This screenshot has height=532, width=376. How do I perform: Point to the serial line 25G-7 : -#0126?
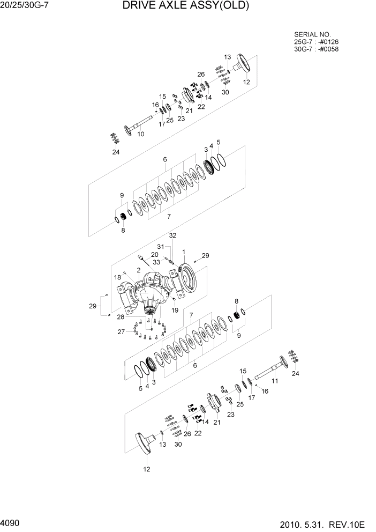316,41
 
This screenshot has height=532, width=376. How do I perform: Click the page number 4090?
11,521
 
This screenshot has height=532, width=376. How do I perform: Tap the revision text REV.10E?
349,522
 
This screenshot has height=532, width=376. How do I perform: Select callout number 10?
141,134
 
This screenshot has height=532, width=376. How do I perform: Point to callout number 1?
184,252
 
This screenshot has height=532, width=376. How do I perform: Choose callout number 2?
139,270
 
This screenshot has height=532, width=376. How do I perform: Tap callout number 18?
117,277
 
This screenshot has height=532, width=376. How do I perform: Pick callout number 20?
154,255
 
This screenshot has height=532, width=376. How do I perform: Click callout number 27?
122,332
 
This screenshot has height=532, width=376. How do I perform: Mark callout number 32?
172,235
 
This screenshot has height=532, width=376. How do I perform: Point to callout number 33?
157,262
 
